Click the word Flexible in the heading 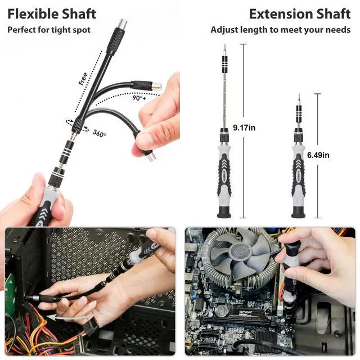click(x=33, y=14)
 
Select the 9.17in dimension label click(x=244, y=128)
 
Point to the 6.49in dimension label click(x=318, y=155)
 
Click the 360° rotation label click(x=100, y=133)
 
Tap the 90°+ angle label click(x=139, y=98)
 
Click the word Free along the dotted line click(x=83, y=79)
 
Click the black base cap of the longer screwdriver click(x=224, y=212)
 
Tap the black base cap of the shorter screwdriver click(x=298, y=212)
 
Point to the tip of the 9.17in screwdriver click(x=225, y=45)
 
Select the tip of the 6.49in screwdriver click(x=299, y=94)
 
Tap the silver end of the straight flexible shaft click(x=122, y=24)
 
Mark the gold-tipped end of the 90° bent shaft click(x=157, y=87)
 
